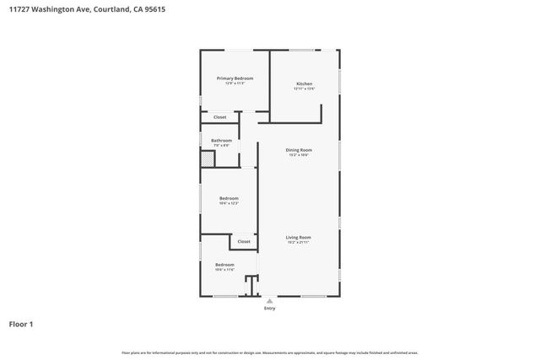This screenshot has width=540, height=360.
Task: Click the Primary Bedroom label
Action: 235,78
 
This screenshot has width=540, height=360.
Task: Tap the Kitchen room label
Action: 304,83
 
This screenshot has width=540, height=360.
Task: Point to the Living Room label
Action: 299,237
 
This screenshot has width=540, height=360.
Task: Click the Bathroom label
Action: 221,141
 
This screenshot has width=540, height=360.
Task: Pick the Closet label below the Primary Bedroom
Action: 219,117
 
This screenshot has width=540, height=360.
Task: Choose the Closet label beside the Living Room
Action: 244,242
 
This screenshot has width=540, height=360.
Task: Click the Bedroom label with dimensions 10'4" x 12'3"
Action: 229,198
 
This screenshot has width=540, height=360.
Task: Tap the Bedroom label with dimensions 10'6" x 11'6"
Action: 224,265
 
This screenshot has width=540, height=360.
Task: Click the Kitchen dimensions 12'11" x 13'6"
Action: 304,88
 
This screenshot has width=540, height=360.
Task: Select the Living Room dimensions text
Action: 299,242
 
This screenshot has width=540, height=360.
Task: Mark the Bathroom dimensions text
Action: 221,146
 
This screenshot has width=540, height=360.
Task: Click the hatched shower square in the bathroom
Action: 207,158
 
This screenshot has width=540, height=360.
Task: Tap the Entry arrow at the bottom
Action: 270,300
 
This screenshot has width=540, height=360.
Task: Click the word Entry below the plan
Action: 270,309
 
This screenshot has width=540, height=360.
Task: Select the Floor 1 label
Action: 21,324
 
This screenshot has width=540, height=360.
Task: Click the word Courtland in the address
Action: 105,9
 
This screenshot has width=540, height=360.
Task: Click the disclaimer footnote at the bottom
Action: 270,352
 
